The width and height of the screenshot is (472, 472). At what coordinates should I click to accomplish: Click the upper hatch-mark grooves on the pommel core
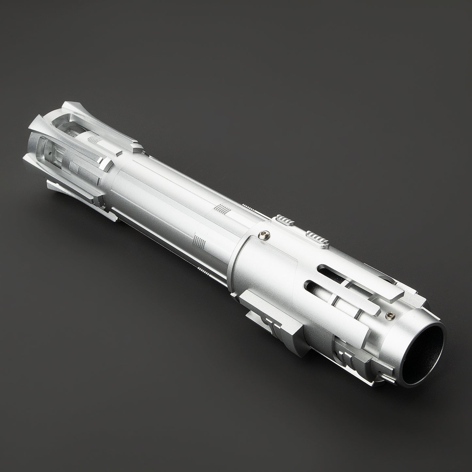94,138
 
